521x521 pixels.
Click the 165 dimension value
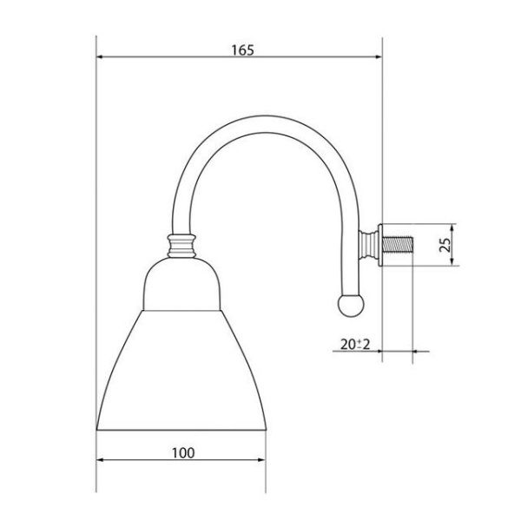coord(242,50)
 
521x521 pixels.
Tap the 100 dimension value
coord(183,453)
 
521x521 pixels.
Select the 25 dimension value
coord(445,245)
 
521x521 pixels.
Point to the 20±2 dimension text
coord(355,344)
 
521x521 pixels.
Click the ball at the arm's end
coord(351,306)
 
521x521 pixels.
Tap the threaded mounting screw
coord(398,244)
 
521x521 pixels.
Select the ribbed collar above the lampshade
coord(181,246)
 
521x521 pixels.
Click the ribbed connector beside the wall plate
coord(368,245)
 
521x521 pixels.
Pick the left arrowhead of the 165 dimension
coord(100,56)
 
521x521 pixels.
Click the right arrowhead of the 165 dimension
coord(378,56)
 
